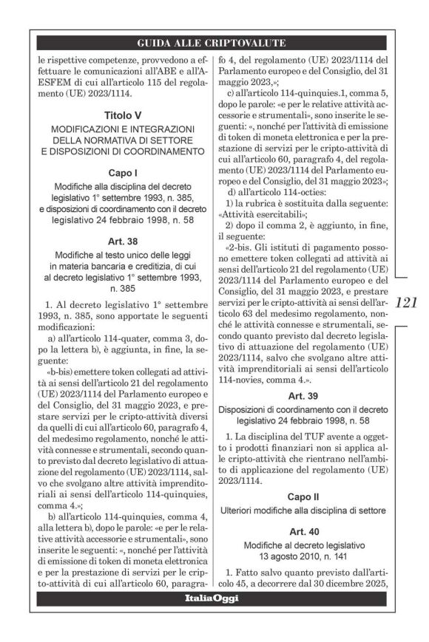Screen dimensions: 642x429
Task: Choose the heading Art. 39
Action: [303, 396]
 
